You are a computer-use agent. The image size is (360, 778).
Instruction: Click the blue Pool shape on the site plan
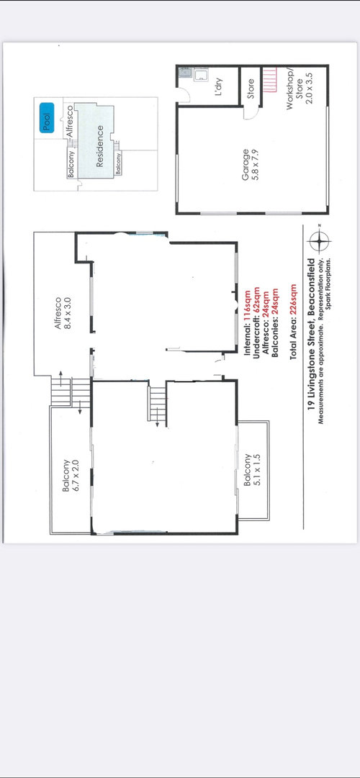click(48, 117)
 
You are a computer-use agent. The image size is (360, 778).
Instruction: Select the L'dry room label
click(217, 86)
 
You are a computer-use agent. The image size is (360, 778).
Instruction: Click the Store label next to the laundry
click(251, 89)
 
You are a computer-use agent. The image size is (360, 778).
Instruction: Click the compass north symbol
click(319, 242)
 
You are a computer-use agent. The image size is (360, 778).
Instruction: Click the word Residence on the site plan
click(99, 146)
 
